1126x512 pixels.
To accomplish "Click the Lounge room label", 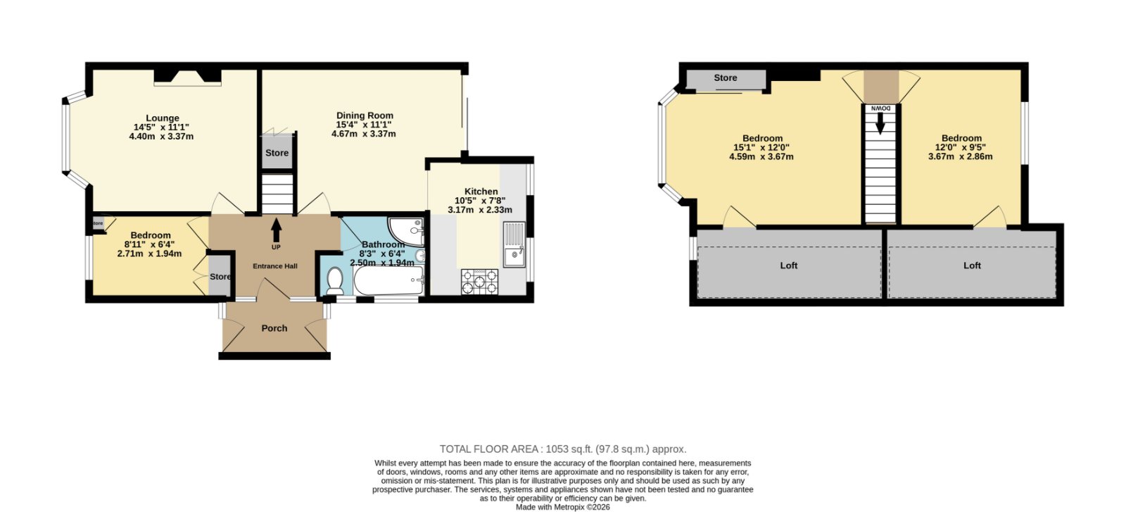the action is tap(163, 119).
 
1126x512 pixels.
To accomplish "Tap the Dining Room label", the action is tap(365, 115).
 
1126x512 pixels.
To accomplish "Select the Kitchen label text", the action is tap(481, 192).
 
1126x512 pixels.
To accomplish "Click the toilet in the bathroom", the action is tap(334, 280).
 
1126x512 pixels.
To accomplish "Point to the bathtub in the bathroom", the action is tap(388, 280).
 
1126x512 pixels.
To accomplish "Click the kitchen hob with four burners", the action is tap(479, 281).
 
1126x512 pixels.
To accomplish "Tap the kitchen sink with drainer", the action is tap(514, 244).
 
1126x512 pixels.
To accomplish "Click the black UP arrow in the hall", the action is tap(276, 230).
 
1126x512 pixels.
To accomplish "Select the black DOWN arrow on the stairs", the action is tap(880, 123).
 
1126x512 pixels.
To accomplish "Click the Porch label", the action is tap(274, 328).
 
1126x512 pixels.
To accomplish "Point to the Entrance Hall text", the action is tap(275, 266).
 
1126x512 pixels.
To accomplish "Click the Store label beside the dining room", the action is tap(277, 153).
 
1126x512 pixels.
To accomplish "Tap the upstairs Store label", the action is tap(726, 78).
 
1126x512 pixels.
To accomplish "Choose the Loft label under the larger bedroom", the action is tap(789, 266).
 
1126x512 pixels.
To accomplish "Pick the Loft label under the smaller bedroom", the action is tap(972, 266).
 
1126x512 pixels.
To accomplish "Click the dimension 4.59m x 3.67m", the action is tap(761, 157).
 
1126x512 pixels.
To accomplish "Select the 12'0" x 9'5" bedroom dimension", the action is tap(960, 147).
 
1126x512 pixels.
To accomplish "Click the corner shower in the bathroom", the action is tap(406, 232).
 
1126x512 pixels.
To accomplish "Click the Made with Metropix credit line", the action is tap(563, 507).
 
